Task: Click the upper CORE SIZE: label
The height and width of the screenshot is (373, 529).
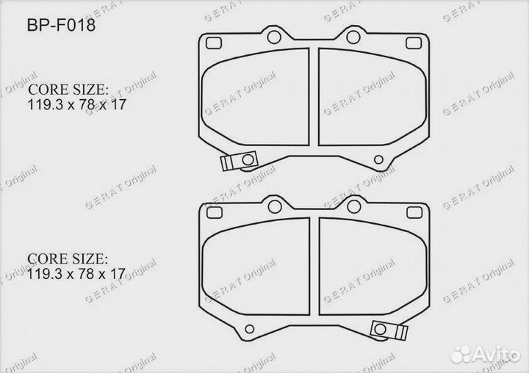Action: [x=68, y=90]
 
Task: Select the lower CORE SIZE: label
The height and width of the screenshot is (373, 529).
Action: [x=68, y=259]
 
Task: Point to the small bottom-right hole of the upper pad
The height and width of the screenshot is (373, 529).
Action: [x=378, y=159]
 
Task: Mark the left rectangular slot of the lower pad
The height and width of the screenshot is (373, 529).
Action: [x=215, y=211]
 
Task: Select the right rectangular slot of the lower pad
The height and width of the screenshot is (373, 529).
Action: [x=412, y=211]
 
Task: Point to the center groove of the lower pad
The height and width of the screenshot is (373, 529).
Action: [x=314, y=266]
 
